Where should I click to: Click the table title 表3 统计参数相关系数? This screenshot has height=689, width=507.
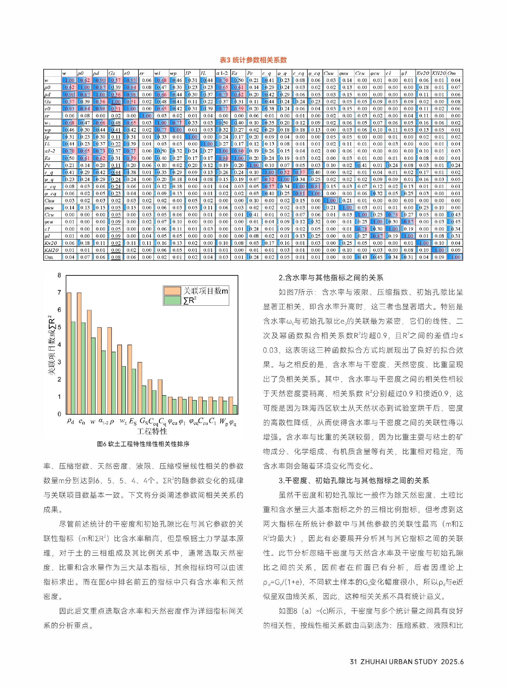click(253, 60)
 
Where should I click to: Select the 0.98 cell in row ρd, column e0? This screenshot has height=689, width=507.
click(131, 95)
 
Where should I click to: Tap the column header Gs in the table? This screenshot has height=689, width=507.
click(112, 73)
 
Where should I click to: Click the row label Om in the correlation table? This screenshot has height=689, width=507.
click(49, 257)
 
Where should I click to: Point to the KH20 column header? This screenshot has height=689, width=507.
click(439, 73)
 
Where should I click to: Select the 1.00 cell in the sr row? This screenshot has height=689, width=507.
click(146, 116)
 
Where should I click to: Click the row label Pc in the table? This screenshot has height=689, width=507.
click(48, 165)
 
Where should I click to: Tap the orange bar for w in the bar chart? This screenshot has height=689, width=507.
click(89, 362)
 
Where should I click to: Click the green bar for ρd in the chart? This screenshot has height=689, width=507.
click(73, 368)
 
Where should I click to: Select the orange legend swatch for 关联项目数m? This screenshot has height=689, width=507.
click(172, 291)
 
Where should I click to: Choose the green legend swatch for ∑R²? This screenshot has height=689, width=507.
click(172, 300)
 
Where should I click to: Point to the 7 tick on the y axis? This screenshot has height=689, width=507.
click(59, 292)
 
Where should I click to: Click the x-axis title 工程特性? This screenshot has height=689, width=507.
click(152, 431)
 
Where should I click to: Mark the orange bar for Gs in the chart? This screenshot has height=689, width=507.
click(140, 388)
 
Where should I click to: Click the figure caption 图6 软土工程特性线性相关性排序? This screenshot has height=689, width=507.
click(143, 444)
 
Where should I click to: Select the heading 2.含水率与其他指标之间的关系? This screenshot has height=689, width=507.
click(331, 278)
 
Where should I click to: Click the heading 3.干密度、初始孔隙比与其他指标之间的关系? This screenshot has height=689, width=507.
click(354, 480)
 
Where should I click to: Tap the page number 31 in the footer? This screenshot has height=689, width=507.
click(353, 662)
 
